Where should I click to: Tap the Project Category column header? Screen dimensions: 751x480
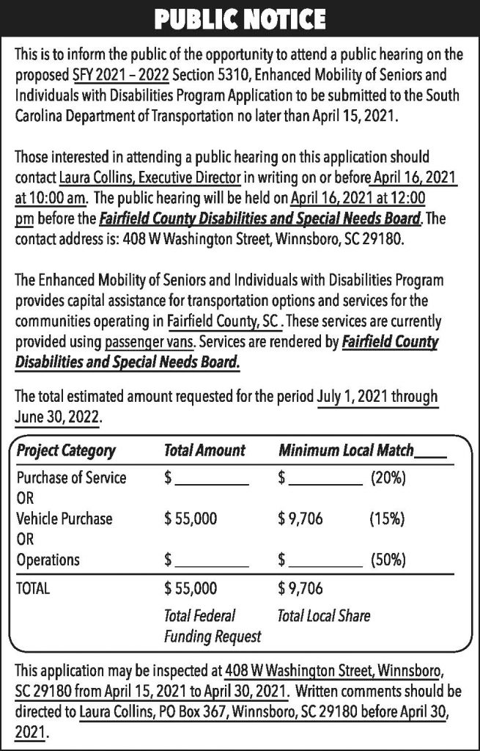click(x=66, y=450)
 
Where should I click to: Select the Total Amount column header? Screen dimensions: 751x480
click(x=204, y=450)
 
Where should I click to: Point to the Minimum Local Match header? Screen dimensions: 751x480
click(x=347, y=450)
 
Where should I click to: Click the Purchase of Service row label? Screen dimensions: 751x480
click(x=71, y=478)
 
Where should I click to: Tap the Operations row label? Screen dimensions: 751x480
click(x=48, y=560)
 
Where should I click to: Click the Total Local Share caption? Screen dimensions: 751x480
click(x=324, y=615)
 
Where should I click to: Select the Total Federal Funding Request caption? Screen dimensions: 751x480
click(x=212, y=626)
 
